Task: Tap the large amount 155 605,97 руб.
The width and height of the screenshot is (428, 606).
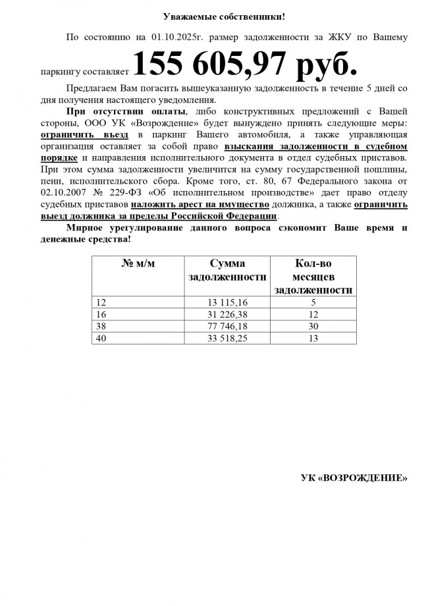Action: pyautogui.click(x=246, y=65)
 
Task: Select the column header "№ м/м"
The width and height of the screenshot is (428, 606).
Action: pyautogui.click(x=138, y=264)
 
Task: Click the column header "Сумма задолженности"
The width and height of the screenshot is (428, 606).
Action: pyautogui.click(x=227, y=271)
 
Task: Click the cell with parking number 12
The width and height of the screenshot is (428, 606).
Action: pyautogui.click(x=101, y=302)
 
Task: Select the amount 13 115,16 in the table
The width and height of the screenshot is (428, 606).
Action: pyautogui.click(x=228, y=302)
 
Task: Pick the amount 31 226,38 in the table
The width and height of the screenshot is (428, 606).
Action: pyautogui.click(x=228, y=314)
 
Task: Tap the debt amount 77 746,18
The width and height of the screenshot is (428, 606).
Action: pyautogui.click(x=228, y=326)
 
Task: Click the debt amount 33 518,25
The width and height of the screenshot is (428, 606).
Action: pyautogui.click(x=228, y=338)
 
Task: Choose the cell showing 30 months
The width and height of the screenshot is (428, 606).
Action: pyautogui.click(x=313, y=326)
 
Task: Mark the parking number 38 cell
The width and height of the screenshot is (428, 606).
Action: pyautogui.click(x=101, y=326)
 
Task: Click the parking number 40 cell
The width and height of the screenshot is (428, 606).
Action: pyautogui.click(x=101, y=338)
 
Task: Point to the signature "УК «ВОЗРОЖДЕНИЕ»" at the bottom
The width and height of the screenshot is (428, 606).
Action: pyautogui.click(x=354, y=477)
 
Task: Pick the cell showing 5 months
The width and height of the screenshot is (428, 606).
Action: pyautogui.click(x=313, y=302)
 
